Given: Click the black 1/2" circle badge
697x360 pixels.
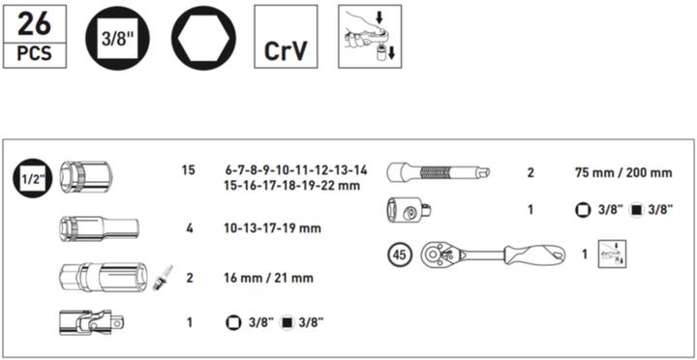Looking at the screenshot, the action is (x=29, y=178).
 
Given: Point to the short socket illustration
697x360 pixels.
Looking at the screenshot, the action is (x=86, y=178).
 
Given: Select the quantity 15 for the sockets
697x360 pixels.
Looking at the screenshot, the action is (x=188, y=170).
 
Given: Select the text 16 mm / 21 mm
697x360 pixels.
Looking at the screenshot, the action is (x=267, y=278).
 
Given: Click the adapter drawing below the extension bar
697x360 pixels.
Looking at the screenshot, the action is (x=410, y=208).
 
